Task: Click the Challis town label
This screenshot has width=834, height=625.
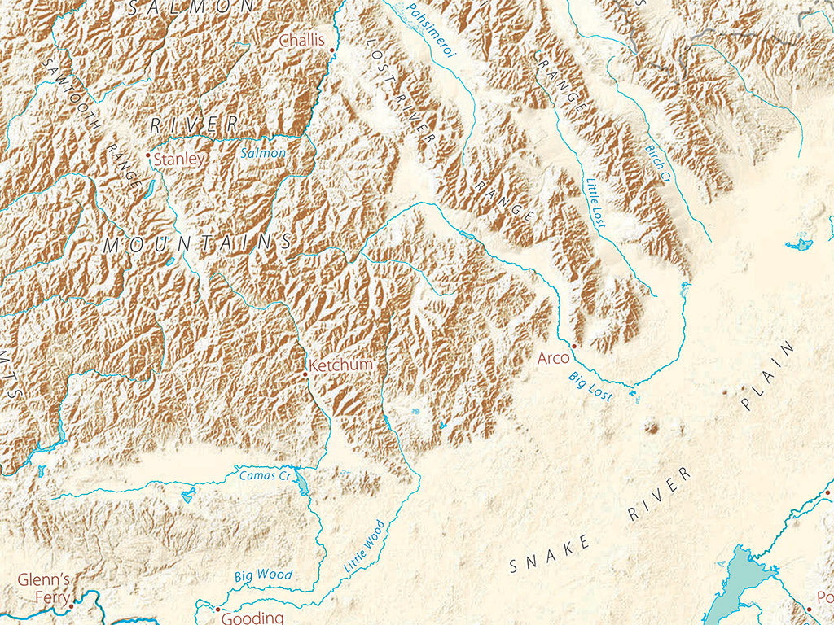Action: coord(301,41)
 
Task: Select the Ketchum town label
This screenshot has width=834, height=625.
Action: coord(341,365)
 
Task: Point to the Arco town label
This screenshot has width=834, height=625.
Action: coord(553,357)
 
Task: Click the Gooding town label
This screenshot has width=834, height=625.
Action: coord(252,618)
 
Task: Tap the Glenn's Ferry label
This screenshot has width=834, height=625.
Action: coord(45,588)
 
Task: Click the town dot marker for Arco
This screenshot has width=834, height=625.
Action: coord(573,346)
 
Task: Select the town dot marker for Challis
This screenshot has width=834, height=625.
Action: coord(332,50)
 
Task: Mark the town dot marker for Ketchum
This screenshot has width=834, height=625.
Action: coord(306,373)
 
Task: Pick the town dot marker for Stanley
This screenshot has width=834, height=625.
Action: coord(147,155)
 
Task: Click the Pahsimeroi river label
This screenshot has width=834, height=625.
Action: coord(432,28)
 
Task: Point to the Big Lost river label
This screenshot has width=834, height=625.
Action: coord(590,385)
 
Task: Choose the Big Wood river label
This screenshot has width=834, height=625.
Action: coord(263,575)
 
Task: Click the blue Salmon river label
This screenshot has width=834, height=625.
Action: coord(263,153)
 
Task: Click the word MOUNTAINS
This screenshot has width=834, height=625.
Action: coord(197,243)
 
